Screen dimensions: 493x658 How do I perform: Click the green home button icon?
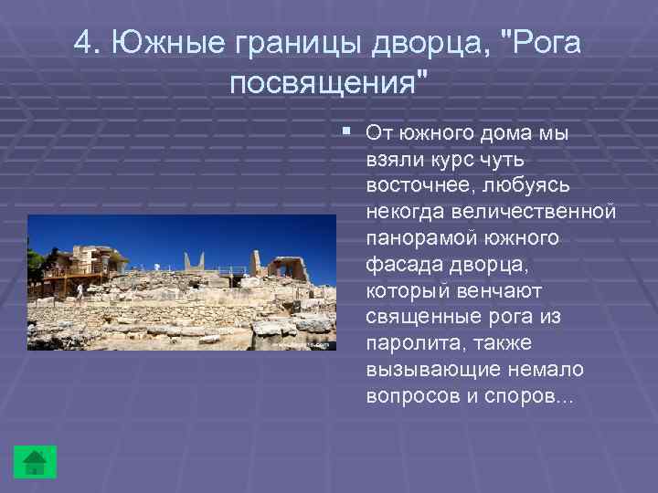(x=35, y=461)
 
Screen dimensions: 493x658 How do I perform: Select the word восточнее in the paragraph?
(x=414, y=185)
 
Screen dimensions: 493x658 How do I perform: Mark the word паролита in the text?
(x=409, y=344)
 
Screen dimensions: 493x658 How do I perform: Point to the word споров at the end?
(x=530, y=397)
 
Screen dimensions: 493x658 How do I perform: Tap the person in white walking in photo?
(x=80, y=292)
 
